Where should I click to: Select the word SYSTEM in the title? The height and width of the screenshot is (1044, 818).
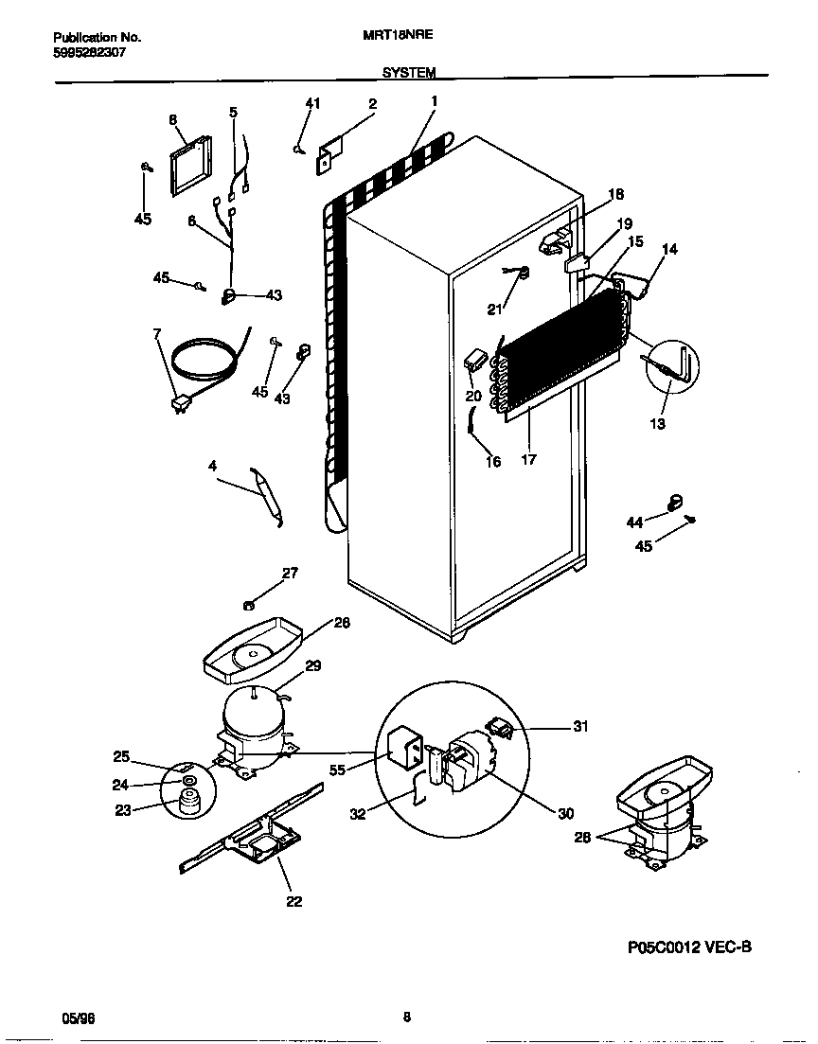[409, 72]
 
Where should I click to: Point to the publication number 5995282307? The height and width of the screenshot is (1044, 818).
[86, 52]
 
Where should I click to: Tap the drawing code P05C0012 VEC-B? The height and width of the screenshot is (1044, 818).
[688, 946]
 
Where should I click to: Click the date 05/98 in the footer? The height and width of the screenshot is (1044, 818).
[79, 1018]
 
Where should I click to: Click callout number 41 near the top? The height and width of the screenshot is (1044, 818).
[312, 104]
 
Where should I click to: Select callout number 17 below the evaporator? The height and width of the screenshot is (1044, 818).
[528, 460]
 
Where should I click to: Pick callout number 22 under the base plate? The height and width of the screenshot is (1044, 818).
[293, 901]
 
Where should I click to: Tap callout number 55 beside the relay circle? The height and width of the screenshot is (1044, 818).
[337, 770]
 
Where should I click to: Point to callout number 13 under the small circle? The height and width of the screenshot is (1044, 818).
[657, 423]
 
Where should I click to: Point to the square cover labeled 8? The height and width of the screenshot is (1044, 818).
[192, 165]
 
